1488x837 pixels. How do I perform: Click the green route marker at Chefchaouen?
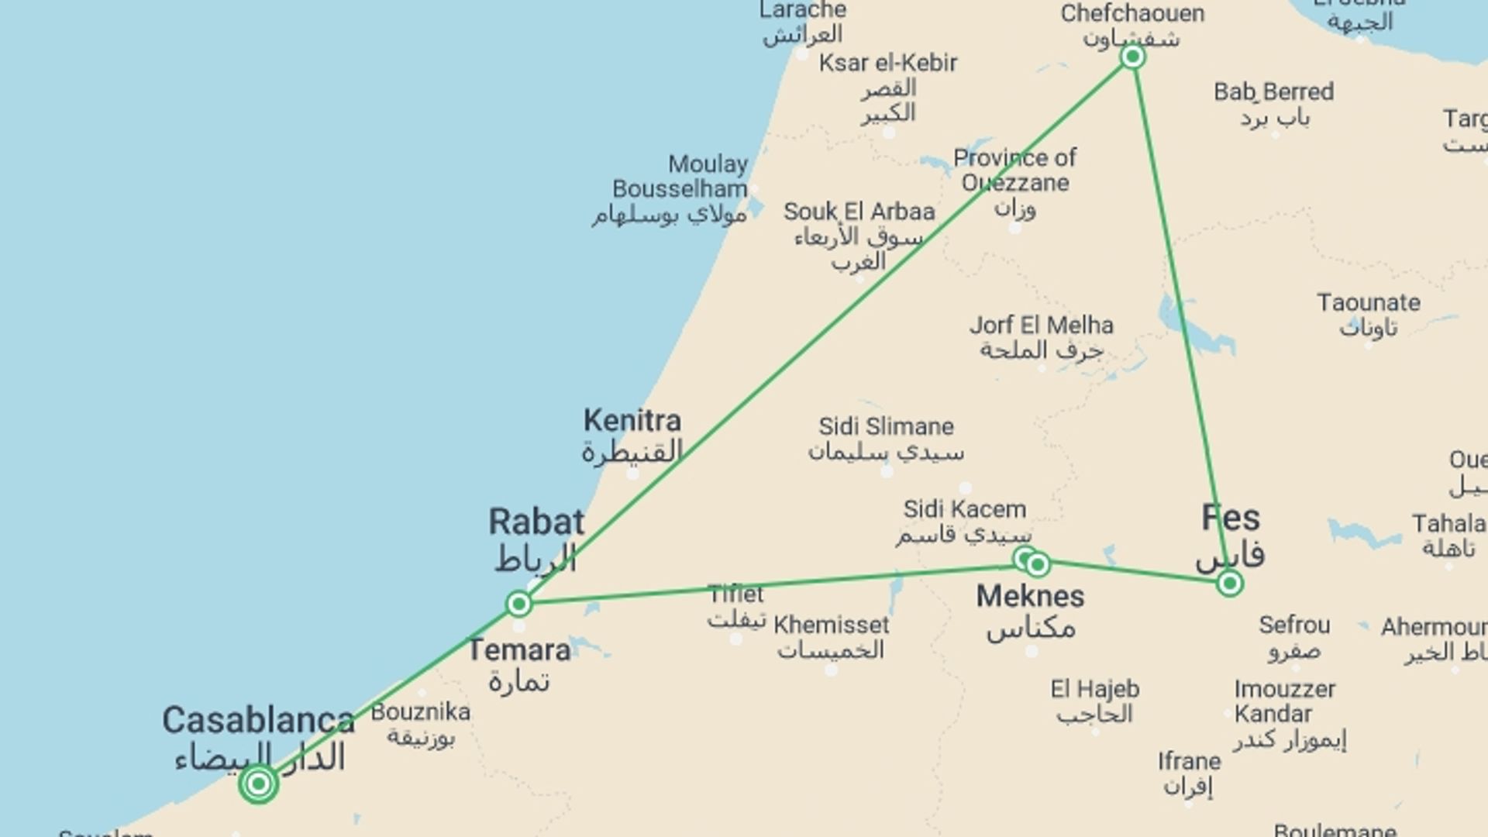(x=1132, y=57)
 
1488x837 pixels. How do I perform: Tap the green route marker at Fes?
(x=1229, y=583)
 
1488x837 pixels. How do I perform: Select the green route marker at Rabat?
(x=519, y=603)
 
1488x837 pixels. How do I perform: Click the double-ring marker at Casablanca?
(x=259, y=784)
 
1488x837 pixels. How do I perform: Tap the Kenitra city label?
(x=632, y=422)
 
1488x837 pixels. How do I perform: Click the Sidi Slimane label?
(x=886, y=426)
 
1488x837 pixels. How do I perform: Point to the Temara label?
(x=519, y=650)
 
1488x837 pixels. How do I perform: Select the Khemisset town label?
(x=831, y=625)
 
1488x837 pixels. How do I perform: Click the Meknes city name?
(x=1030, y=596)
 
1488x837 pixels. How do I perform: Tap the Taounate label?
(x=1369, y=302)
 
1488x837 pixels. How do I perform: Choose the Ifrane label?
(x=1189, y=762)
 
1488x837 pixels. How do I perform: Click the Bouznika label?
(x=420, y=711)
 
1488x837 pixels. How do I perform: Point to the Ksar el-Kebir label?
(x=888, y=63)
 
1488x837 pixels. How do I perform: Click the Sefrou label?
(x=1293, y=625)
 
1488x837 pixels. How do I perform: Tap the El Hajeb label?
(x=1094, y=689)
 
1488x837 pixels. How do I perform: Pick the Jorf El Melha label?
(x=1041, y=325)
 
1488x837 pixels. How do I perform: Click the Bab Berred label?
(x=1273, y=92)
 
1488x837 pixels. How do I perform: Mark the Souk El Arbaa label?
(x=859, y=212)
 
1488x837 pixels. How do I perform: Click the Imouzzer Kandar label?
(x=1284, y=701)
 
